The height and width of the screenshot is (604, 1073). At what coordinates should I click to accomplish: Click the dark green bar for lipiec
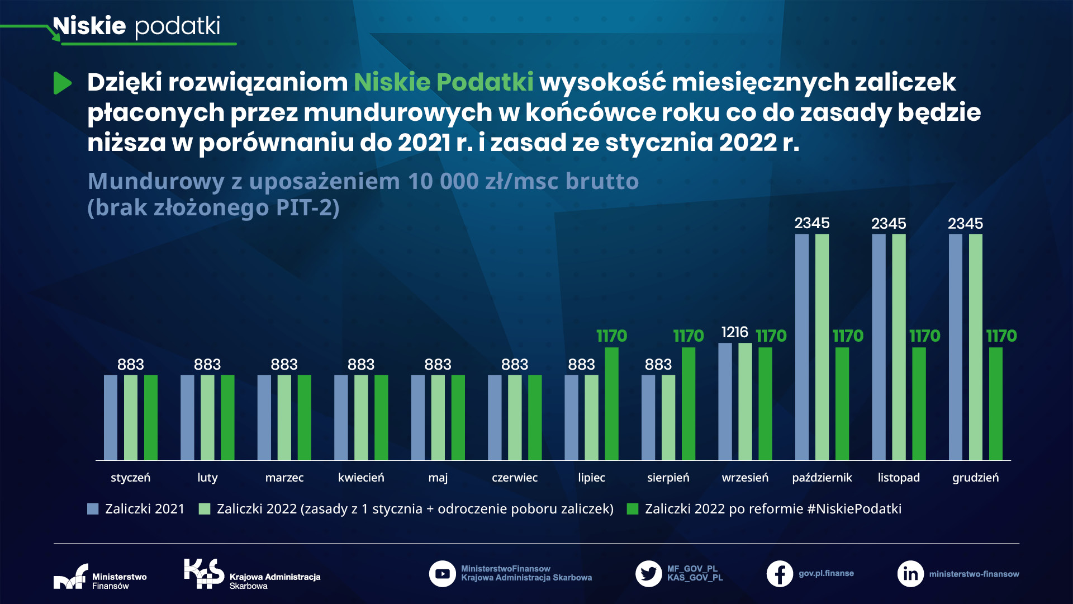(x=611, y=404)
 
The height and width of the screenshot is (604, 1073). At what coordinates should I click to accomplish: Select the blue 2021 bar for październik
(x=801, y=347)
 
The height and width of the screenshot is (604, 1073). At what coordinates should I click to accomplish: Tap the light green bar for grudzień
(x=975, y=347)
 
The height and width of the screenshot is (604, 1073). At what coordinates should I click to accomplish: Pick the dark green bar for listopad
(x=919, y=404)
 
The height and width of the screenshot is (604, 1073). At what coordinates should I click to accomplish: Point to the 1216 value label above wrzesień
(x=734, y=332)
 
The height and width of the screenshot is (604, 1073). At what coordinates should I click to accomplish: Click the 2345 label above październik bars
(x=812, y=223)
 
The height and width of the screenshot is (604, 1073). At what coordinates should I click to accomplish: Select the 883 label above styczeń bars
(x=130, y=365)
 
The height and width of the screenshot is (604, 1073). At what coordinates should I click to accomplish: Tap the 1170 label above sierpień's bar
(x=688, y=336)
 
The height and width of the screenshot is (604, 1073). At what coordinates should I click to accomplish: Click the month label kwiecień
(x=361, y=478)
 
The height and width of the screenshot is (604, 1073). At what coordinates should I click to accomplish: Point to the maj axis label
(x=438, y=478)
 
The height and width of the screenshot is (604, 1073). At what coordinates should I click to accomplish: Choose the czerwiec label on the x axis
(x=514, y=478)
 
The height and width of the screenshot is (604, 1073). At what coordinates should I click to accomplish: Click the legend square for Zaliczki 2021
(x=93, y=509)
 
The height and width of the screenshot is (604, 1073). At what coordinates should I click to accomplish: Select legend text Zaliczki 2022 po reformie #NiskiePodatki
(x=773, y=509)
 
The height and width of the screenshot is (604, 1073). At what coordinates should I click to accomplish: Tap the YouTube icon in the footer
(x=442, y=574)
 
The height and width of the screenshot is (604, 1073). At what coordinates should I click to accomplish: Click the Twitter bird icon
(x=648, y=574)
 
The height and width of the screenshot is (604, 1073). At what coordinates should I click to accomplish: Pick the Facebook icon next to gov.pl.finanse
(x=780, y=574)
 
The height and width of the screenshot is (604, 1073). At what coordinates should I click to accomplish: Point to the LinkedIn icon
(x=910, y=574)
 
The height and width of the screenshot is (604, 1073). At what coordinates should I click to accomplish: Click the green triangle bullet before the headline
(x=62, y=83)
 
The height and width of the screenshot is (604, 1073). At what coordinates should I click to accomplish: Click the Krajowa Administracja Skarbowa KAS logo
(x=204, y=573)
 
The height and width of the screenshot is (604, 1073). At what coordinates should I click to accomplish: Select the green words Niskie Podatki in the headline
(x=443, y=82)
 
